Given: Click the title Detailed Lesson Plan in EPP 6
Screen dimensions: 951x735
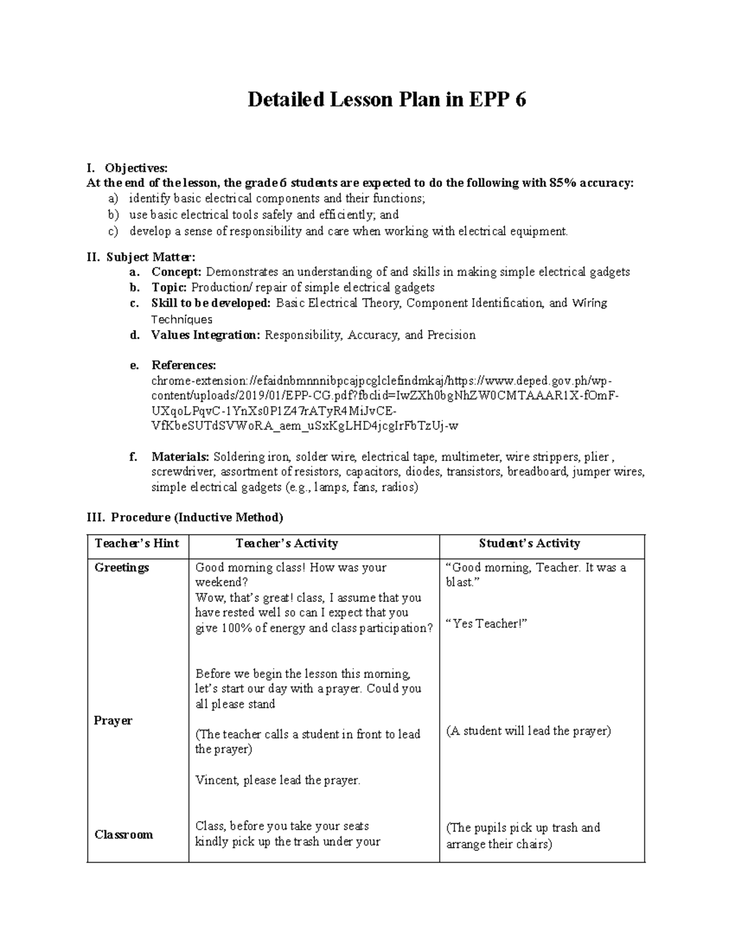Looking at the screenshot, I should pos(386,100).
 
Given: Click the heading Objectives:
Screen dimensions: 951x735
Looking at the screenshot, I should pos(135,168).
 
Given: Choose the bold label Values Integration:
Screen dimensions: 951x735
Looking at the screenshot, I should pos(206,335).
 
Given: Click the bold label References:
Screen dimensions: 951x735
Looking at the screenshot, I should pos(184,366).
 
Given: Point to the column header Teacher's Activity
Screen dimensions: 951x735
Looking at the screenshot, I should pos(287,543).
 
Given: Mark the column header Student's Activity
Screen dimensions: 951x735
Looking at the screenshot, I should pos(529,543).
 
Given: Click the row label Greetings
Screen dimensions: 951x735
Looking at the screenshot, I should pos(122,568).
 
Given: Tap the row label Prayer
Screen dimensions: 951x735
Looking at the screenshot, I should pos(113,721).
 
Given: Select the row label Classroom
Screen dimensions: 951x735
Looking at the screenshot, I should pos(124,835).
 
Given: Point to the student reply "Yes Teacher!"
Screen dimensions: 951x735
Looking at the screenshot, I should pos(487,623).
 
